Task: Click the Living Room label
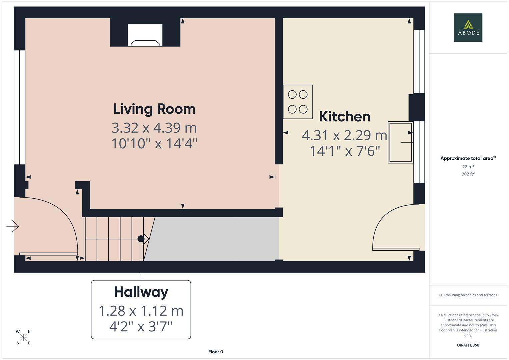[x=154, y=109]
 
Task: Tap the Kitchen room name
[x=344, y=117]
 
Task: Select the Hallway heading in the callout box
[x=141, y=292]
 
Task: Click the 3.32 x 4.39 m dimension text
[x=154, y=128]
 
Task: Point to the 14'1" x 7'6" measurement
[x=345, y=151]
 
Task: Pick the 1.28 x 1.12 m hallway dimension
[x=141, y=311]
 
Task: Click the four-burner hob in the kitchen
[x=298, y=102]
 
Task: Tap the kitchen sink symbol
[x=400, y=142]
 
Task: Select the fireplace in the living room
[x=145, y=35]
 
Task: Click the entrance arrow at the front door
[x=13, y=226]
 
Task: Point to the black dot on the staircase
[x=141, y=239]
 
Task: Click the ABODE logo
[x=468, y=28]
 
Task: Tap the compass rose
[x=23, y=337]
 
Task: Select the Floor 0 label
[x=216, y=352]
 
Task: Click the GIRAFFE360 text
[x=468, y=345]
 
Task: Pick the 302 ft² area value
[x=468, y=174]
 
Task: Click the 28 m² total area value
[x=468, y=167]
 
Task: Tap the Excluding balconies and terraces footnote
[x=468, y=295]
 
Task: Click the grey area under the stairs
[x=213, y=239]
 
